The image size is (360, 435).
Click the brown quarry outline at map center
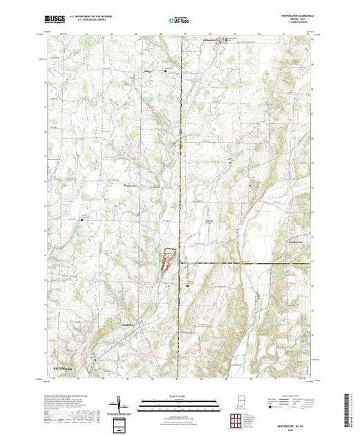click(167, 260)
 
